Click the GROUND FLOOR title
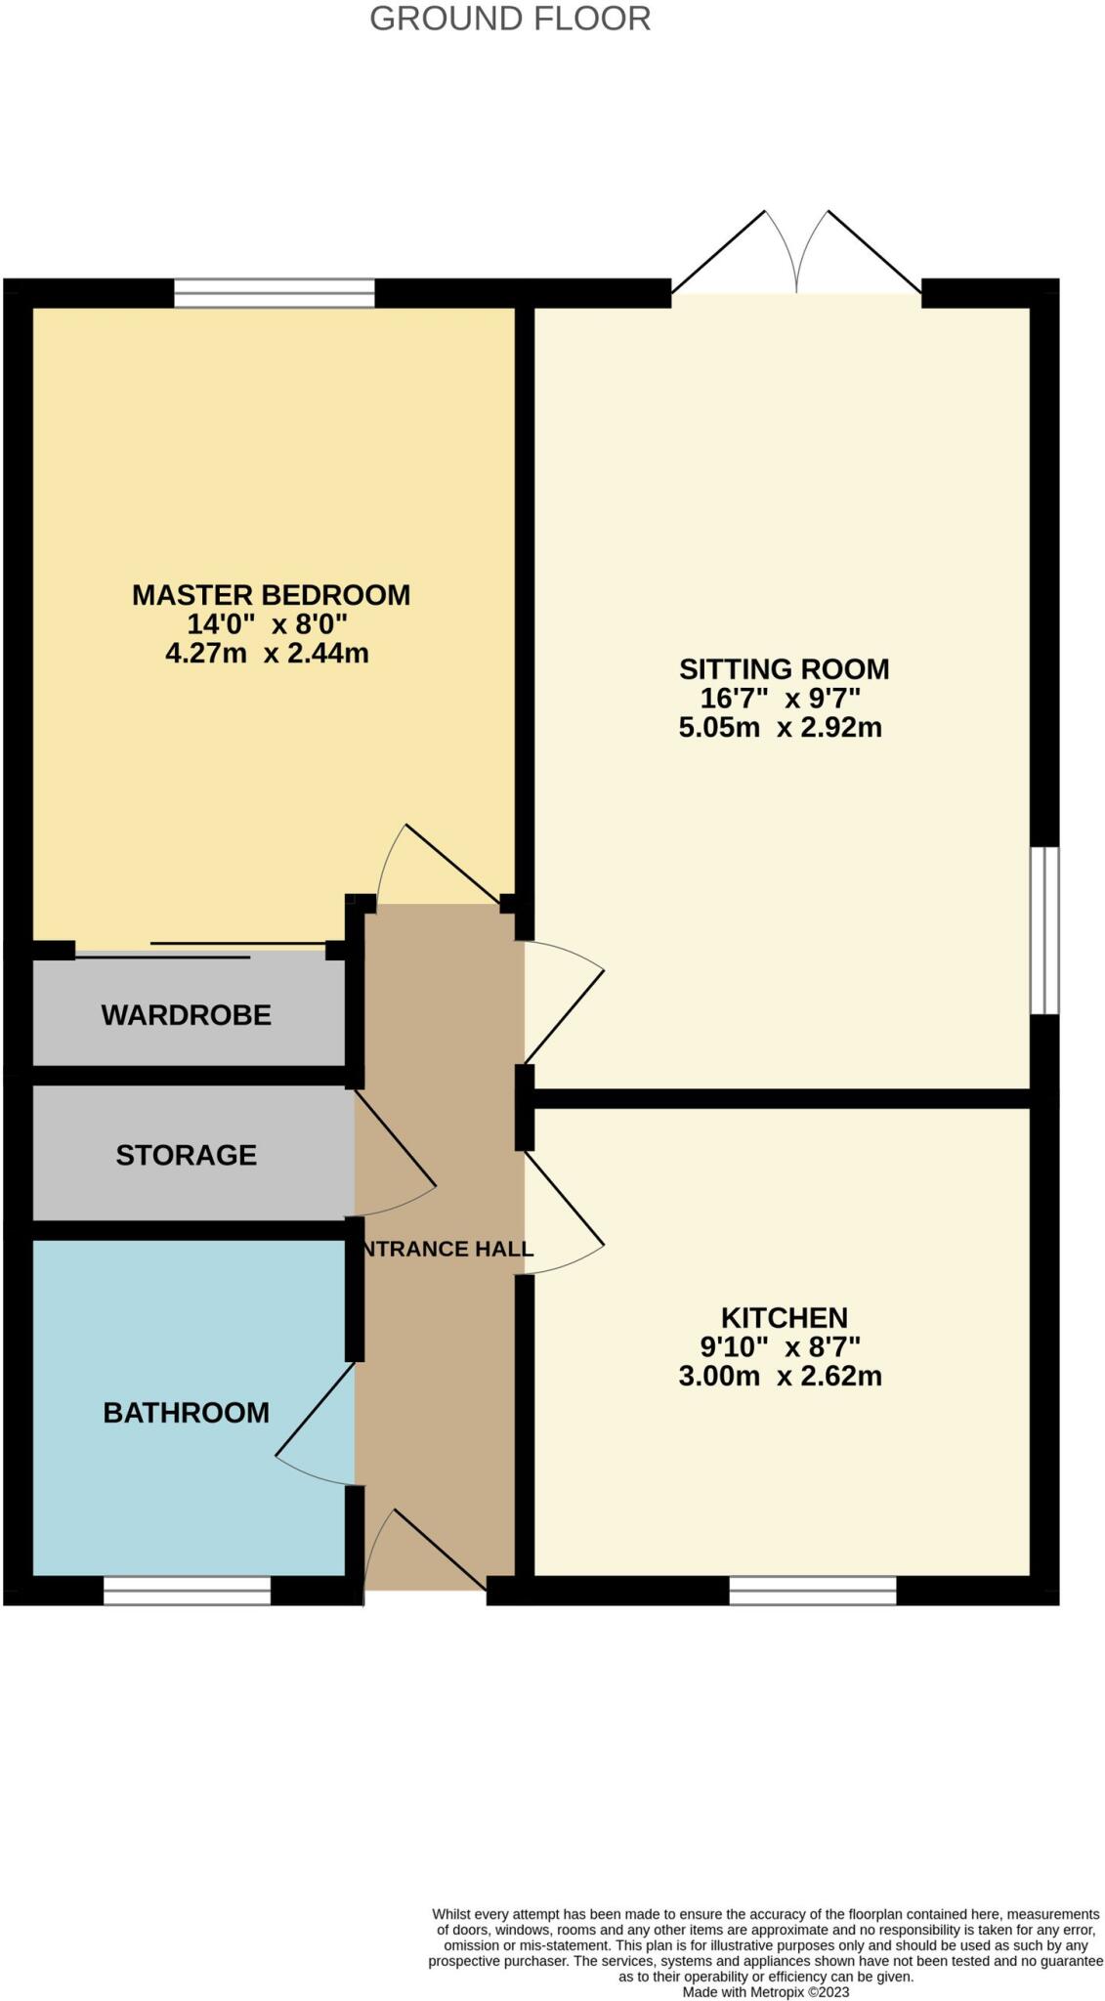[x=509, y=19]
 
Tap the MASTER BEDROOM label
[x=271, y=594]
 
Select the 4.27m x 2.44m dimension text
[x=267, y=653]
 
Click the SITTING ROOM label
[x=784, y=669]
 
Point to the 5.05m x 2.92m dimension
[x=780, y=727]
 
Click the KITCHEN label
[x=784, y=1317]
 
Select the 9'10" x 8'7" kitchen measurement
[x=780, y=1346]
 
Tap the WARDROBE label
[x=186, y=1014]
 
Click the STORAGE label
[x=186, y=1155]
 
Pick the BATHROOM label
[x=186, y=1412]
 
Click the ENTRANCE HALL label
[x=446, y=1249]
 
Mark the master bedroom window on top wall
[x=274, y=293]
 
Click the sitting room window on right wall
[x=1044, y=930]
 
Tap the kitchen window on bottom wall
[x=812, y=1591]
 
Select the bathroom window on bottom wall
[x=187, y=1591]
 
